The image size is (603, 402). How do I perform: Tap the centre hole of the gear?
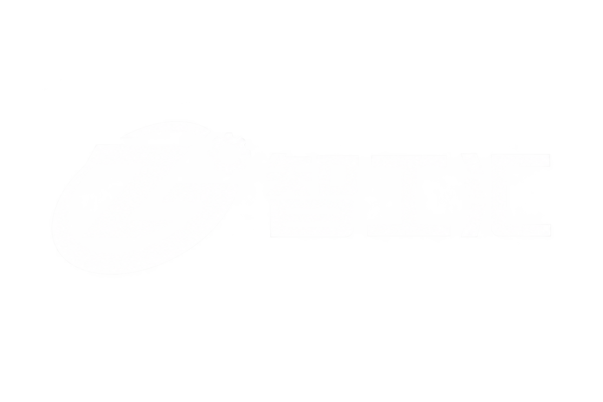[x=229, y=154]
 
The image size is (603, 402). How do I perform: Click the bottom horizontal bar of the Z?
[x=126, y=229]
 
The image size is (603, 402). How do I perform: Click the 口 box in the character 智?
[x=338, y=175]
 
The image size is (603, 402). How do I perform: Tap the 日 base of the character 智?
[x=312, y=218]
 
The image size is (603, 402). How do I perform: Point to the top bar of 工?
[x=409, y=162]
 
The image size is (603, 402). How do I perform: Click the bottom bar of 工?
[x=409, y=230]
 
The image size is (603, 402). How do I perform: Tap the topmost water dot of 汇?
[x=472, y=163]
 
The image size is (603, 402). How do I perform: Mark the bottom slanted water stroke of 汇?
[x=473, y=219]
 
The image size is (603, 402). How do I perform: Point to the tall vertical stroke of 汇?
[x=499, y=195]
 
